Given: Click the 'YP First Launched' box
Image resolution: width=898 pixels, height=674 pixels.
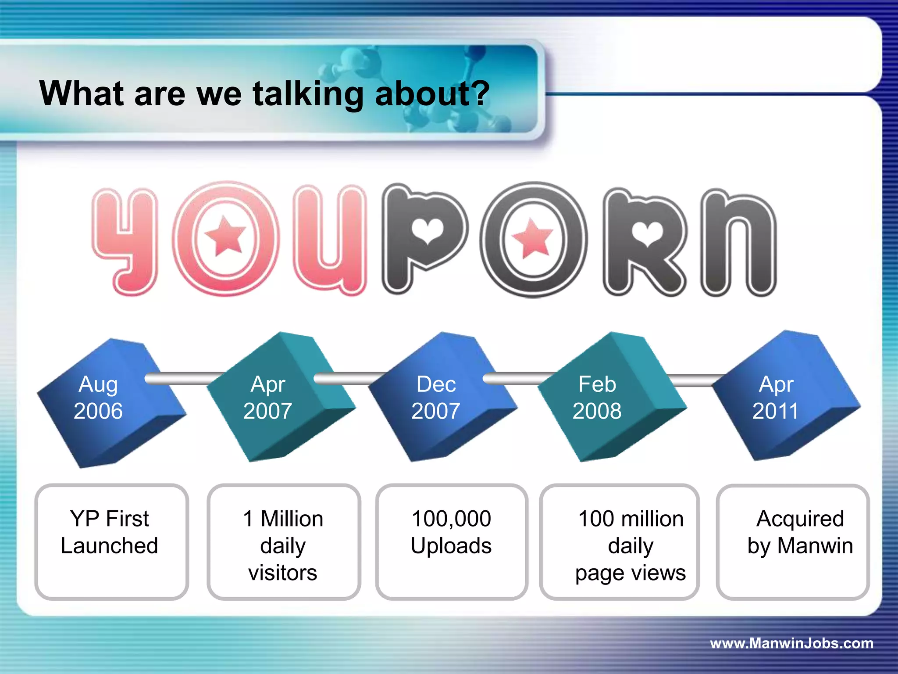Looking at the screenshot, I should tap(111, 542).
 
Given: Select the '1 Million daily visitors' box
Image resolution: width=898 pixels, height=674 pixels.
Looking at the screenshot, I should tap(284, 542).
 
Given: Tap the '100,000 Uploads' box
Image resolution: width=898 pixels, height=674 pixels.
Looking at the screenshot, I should tap(452, 542).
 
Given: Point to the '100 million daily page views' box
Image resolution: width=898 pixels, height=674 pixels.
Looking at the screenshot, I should tap(619, 542).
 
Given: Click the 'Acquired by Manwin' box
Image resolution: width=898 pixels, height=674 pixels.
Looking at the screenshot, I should tap(793, 542).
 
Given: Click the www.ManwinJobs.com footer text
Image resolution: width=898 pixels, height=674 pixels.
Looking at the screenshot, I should tap(791, 643).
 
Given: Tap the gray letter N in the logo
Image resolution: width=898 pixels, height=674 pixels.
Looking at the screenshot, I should tap(739, 244).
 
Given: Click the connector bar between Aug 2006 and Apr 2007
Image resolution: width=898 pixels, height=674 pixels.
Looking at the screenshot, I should tap(184, 379).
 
